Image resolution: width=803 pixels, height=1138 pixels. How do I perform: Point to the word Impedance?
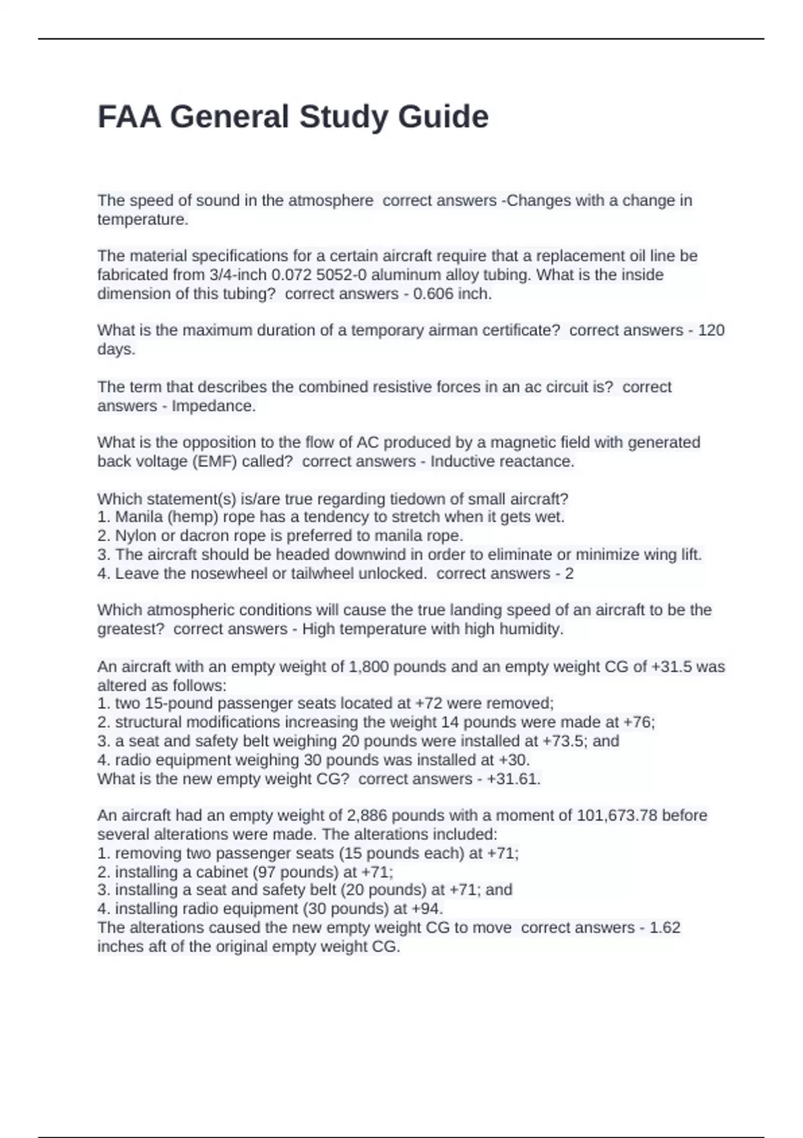pos(213,406)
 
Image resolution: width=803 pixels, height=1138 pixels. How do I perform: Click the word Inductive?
pos(462,461)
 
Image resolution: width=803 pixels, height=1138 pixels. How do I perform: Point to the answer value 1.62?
pos(665,928)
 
